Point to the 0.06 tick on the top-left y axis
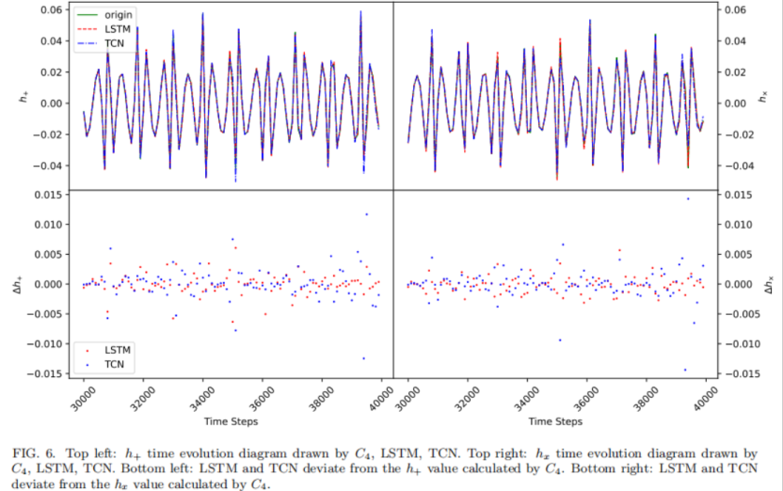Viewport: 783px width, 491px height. (49, 10)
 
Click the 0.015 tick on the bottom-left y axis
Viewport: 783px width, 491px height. (46, 195)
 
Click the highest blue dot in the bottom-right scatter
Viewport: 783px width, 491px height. (688, 198)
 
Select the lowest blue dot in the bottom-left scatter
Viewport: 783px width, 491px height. (363, 357)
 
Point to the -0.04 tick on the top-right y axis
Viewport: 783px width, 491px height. (737, 166)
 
